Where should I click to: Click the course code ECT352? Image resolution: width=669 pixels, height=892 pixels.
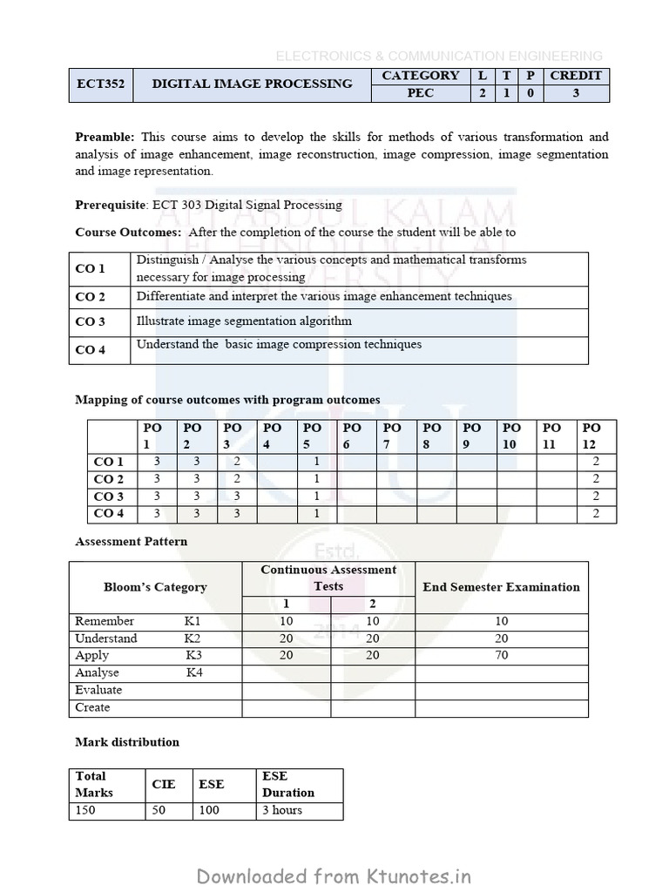tap(100, 84)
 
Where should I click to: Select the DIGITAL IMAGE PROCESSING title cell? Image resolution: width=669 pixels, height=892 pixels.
tap(253, 84)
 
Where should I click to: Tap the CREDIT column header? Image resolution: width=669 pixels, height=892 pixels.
tap(576, 76)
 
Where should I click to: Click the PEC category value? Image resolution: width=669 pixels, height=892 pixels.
tap(420, 93)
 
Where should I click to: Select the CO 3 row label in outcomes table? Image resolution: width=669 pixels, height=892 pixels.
tap(91, 321)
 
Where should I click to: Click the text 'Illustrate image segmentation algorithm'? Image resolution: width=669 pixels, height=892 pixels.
tap(244, 321)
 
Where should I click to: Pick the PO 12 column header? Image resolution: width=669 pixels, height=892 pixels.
tap(591, 436)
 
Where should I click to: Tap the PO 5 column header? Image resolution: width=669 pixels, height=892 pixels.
tap(313, 436)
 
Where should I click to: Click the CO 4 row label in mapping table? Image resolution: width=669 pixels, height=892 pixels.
tap(108, 513)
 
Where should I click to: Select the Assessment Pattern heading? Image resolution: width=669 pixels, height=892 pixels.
tap(131, 541)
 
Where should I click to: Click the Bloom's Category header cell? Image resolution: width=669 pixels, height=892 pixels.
tap(155, 587)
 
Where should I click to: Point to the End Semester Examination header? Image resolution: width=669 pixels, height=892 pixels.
tap(501, 587)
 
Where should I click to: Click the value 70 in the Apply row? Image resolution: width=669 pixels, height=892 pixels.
tap(501, 655)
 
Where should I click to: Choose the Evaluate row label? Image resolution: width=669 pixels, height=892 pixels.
tap(98, 690)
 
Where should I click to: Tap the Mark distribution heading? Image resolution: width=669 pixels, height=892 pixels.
tap(127, 742)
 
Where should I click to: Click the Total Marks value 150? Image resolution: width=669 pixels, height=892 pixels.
tap(86, 810)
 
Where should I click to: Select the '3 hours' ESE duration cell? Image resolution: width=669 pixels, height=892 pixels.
tap(282, 810)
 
